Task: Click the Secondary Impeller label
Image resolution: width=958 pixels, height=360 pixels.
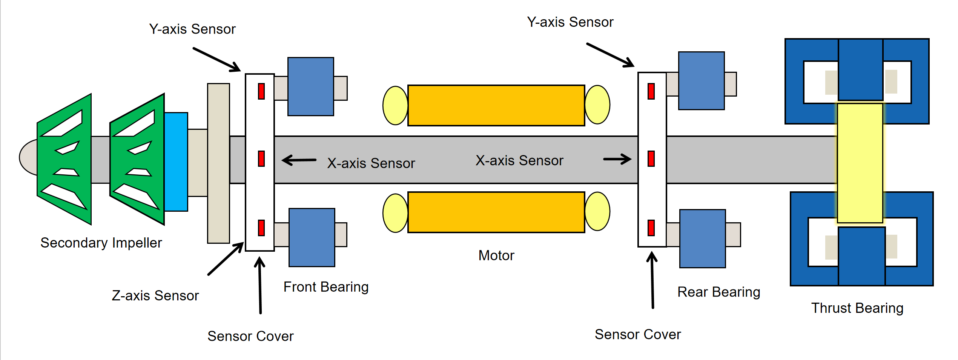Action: [x=101, y=243]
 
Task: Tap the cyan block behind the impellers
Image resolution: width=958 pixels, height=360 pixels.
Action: [x=176, y=162]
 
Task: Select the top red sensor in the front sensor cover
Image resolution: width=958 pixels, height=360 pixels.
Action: [x=261, y=91]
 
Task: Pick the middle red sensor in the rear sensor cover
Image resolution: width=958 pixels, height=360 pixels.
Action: [x=651, y=158]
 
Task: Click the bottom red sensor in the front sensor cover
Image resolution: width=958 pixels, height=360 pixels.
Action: [x=261, y=228]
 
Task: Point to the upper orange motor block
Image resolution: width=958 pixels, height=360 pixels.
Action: [x=496, y=105]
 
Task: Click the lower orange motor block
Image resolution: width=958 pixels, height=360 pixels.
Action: [x=496, y=212]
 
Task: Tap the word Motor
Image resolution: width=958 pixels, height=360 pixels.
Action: [x=496, y=255]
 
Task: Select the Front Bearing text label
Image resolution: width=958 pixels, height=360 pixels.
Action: [x=326, y=287]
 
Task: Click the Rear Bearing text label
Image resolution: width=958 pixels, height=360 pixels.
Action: [x=718, y=292]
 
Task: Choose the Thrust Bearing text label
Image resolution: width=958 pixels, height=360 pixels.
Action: [x=857, y=308]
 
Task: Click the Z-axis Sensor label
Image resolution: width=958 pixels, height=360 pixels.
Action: [x=155, y=295]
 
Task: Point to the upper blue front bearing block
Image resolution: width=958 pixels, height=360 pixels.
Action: [x=310, y=86]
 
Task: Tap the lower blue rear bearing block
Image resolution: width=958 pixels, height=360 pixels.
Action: [x=702, y=238]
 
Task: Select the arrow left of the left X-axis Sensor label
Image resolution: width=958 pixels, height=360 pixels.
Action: [x=299, y=160]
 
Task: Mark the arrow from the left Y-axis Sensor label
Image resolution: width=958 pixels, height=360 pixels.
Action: [x=216, y=59]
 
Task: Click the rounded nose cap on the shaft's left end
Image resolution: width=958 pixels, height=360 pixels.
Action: [x=29, y=157]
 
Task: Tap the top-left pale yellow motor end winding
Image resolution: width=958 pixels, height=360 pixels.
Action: [x=395, y=105]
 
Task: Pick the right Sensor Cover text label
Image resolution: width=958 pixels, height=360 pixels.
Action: [x=637, y=334]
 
